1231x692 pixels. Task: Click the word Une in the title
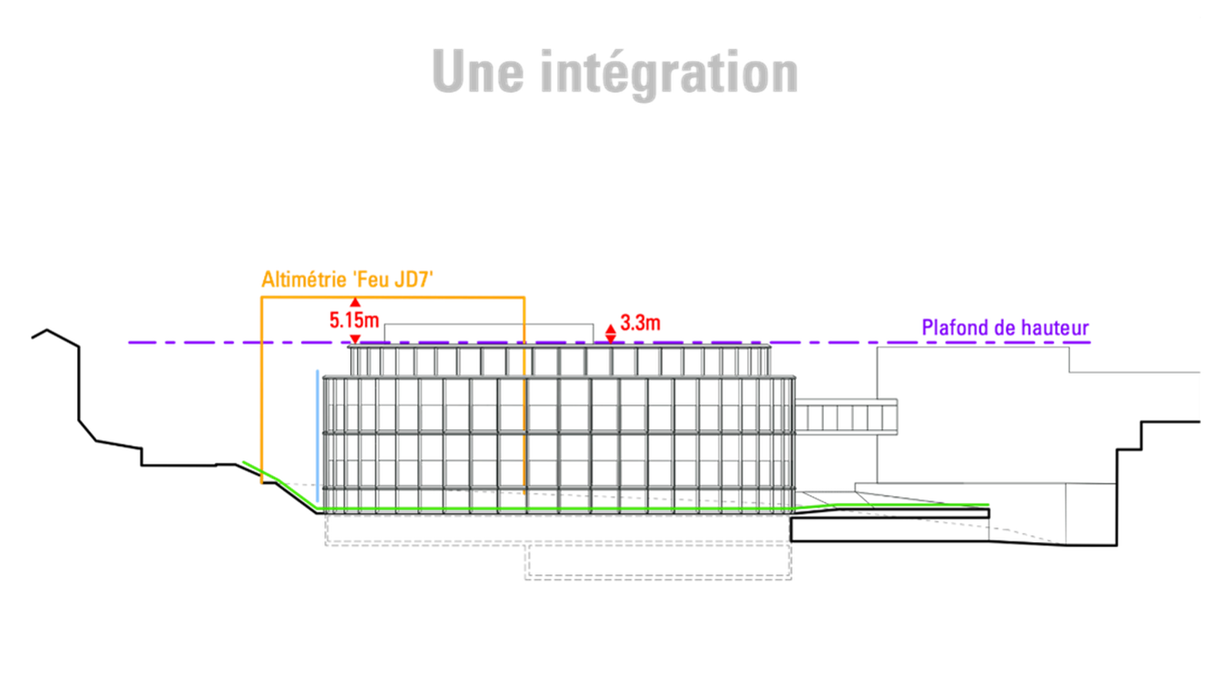tap(478, 72)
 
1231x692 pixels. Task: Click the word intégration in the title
tap(669, 75)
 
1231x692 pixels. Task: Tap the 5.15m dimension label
tap(354, 320)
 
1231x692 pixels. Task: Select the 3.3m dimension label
tap(640, 323)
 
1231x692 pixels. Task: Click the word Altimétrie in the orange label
tap(303, 280)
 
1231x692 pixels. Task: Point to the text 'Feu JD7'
tap(392, 280)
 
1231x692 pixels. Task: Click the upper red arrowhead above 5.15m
tap(355, 302)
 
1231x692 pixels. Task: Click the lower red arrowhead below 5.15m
tap(355, 339)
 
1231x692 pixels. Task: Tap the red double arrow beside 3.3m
tap(611, 334)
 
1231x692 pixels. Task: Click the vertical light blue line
tap(318, 435)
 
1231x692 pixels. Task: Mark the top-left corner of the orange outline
tap(262, 298)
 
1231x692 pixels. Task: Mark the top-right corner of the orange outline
tap(524, 298)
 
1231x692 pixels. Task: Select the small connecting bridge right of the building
tap(846, 418)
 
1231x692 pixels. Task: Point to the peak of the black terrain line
tap(47, 330)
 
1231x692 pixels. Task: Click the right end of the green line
tap(989, 504)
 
